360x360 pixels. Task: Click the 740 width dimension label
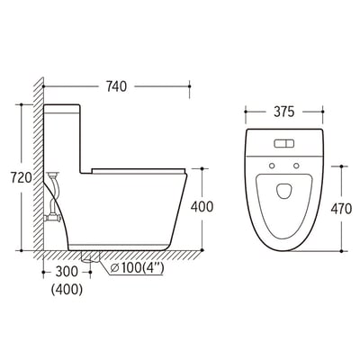116,86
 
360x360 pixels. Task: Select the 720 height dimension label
22,178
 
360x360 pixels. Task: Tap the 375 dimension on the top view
283,112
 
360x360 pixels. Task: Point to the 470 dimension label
341,209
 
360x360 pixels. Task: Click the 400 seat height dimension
202,207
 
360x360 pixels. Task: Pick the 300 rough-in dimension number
67,272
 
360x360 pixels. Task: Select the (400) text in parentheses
67,290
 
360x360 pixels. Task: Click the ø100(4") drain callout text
137,268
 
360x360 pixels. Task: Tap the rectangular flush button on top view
283,143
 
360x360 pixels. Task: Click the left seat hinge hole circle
272,166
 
